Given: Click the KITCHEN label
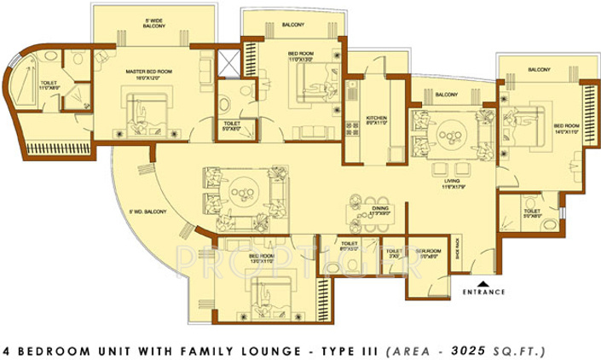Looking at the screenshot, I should click(378, 119).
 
